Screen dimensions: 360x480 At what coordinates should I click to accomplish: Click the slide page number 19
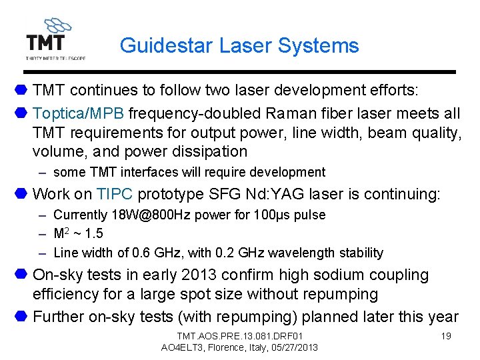coord(446,335)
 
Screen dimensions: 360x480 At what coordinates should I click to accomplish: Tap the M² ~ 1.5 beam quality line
coord(78,234)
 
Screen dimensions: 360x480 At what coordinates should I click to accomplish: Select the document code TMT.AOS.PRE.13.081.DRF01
coord(240,335)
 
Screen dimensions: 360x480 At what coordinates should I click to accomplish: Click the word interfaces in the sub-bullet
coord(143,173)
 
